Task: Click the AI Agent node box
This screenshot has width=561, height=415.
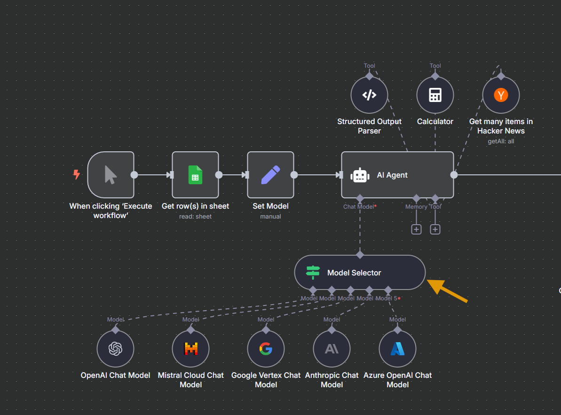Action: (x=397, y=175)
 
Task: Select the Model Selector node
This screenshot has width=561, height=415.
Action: (x=360, y=273)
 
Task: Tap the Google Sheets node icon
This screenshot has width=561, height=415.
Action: (x=195, y=175)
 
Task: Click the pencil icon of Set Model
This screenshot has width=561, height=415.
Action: (x=270, y=175)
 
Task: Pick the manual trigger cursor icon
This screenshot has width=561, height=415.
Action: (x=111, y=175)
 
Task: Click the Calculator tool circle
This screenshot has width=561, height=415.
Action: (x=435, y=95)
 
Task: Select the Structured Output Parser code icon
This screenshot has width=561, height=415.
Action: (x=369, y=95)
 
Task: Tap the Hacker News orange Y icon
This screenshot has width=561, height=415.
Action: (x=501, y=95)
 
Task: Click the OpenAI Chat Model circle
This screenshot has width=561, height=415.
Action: (x=115, y=349)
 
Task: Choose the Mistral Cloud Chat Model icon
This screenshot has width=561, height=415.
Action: (x=190, y=349)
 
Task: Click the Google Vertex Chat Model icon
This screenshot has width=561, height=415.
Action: (x=266, y=349)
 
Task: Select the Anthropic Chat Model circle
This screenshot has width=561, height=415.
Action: (x=332, y=349)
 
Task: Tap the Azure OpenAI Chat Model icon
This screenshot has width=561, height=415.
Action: (x=397, y=349)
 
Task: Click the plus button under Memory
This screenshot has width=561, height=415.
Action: (x=416, y=229)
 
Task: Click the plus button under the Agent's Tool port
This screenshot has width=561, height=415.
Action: (x=435, y=229)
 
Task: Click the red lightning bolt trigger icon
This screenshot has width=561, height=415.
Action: (x=76, y=175)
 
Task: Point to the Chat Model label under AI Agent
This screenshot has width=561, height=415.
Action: (x=359, y=207)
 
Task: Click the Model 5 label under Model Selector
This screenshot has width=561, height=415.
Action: (x=387, y=298)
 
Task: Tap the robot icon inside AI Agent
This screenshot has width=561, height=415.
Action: (x=360, y=175)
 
